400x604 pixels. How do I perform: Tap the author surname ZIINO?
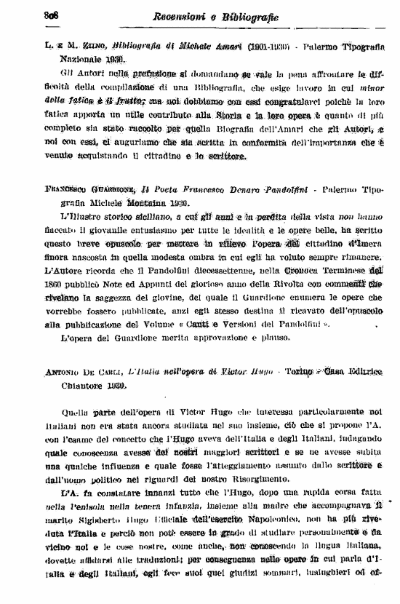tap(87, 45)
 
